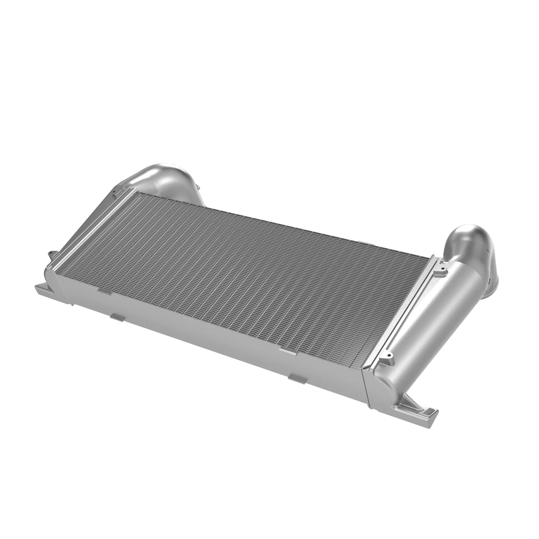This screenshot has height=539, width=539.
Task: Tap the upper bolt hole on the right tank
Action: [x=442, y=269]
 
